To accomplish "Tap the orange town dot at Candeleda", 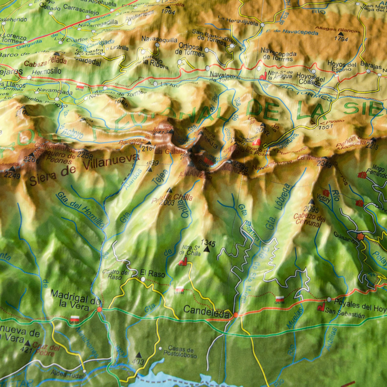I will click(x=236, y=315).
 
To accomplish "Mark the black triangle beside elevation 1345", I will click(x=207, y=249).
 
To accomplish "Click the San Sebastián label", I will click(x=344, y=314).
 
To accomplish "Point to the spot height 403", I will click(x=138, y=361).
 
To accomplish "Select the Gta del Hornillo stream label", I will click(x=80, y=209).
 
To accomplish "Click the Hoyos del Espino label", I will click(x=342, y=67).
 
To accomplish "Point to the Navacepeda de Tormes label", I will click(x=279, y=54).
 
